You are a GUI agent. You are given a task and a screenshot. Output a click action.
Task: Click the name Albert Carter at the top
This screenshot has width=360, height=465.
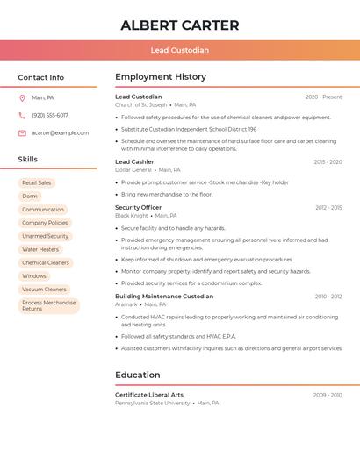(179, 25)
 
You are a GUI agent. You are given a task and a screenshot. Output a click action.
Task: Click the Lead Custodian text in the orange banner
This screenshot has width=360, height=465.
(179, 50)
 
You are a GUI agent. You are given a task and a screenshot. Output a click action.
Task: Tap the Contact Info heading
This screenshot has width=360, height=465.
(41, 77)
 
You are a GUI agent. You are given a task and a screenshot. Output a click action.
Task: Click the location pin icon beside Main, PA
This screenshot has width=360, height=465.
(22, 97)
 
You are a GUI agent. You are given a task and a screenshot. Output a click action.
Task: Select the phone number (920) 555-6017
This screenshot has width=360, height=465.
(50, 115)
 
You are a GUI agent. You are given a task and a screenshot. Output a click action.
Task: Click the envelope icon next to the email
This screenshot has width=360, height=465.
(22, 132)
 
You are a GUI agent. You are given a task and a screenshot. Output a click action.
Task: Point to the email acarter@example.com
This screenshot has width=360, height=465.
(61, 132)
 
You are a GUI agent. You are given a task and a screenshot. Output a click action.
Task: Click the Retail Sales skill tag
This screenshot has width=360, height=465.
(37, 182)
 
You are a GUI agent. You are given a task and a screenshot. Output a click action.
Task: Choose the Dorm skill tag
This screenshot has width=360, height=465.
(30, 196)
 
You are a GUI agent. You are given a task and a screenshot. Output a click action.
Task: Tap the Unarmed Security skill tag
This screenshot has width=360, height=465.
(45, 236)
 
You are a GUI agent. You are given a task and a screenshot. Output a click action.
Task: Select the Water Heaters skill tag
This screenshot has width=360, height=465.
(40, 249)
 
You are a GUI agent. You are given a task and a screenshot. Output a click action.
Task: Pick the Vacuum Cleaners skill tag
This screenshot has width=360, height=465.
(44, 289)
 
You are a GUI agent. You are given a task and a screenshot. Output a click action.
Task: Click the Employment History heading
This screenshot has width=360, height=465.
(161, 77)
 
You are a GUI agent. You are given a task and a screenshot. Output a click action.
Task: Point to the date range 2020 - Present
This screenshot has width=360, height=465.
(323, 97)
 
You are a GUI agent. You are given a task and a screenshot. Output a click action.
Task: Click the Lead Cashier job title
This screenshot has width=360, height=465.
(134, 161)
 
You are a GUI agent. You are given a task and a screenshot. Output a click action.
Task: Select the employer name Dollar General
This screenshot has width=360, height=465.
(133, 170)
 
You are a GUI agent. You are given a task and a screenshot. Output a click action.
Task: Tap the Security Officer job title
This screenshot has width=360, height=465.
(138, 207)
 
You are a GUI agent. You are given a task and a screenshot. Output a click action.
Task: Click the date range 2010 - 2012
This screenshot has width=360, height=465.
(328, 297)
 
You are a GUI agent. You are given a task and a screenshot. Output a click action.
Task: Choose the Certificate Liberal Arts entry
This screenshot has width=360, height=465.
(149, 395)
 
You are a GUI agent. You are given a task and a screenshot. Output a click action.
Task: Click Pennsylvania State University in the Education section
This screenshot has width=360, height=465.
(152, 404)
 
